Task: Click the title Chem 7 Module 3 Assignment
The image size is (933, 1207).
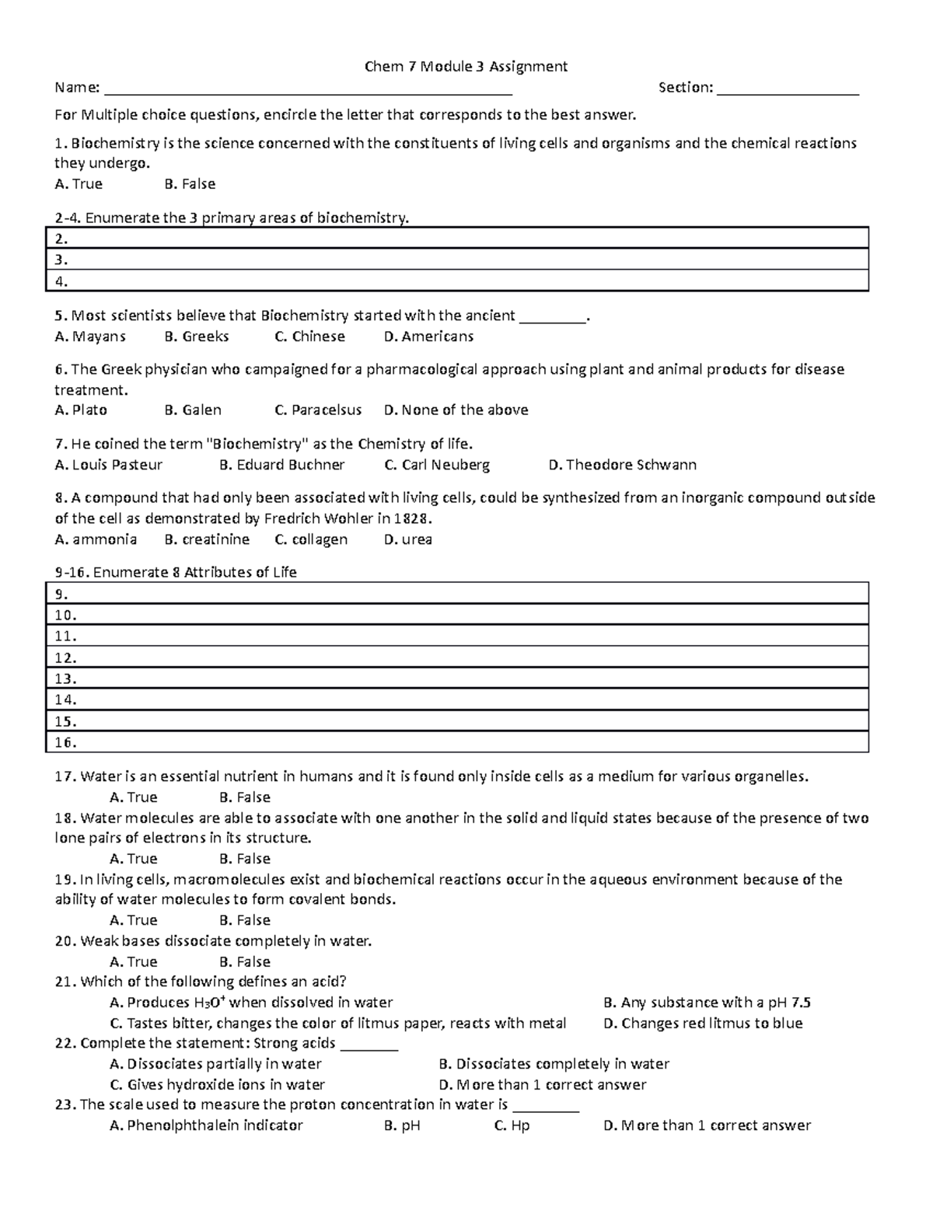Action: point(466,67)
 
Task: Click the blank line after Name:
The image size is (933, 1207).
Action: point(308,89)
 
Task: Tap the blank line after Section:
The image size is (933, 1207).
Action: point(787,89)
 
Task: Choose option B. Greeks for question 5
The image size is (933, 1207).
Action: point(197,337)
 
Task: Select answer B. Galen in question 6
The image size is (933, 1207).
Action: point(193,410)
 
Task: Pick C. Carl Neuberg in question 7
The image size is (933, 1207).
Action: point(437,465)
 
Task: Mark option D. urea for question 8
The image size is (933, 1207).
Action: point(407,539)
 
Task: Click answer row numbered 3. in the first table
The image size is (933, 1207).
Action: point(457,260)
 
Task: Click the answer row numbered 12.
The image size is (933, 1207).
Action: point(457,658)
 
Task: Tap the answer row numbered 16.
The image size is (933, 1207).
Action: point(457,742)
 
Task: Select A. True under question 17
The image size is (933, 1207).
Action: point(134,797)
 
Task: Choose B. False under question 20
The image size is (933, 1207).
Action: point(245,961)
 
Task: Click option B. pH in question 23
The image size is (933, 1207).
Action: point(402,1125)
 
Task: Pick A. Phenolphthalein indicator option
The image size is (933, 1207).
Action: point(206,1125)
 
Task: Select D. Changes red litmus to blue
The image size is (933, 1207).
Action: point(702,1024)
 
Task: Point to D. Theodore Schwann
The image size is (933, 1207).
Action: point(622,465)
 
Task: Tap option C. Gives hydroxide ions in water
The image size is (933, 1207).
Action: point(218,1084)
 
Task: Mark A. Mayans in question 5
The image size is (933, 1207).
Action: point(90,337)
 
